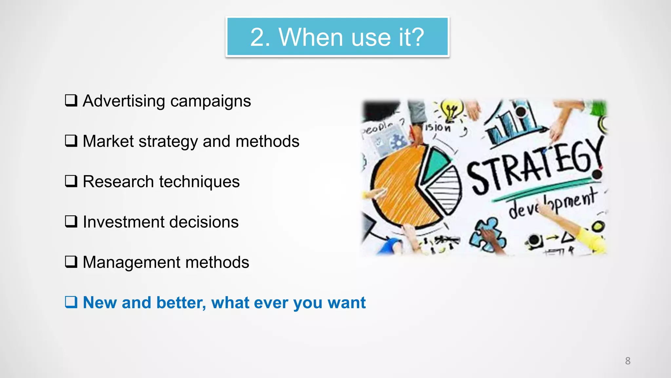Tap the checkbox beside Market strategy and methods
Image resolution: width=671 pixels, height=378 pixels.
tap(71, 141)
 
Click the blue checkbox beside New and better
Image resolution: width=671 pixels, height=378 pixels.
tap(71, 302)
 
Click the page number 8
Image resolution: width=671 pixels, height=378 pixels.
tap(627, 361)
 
